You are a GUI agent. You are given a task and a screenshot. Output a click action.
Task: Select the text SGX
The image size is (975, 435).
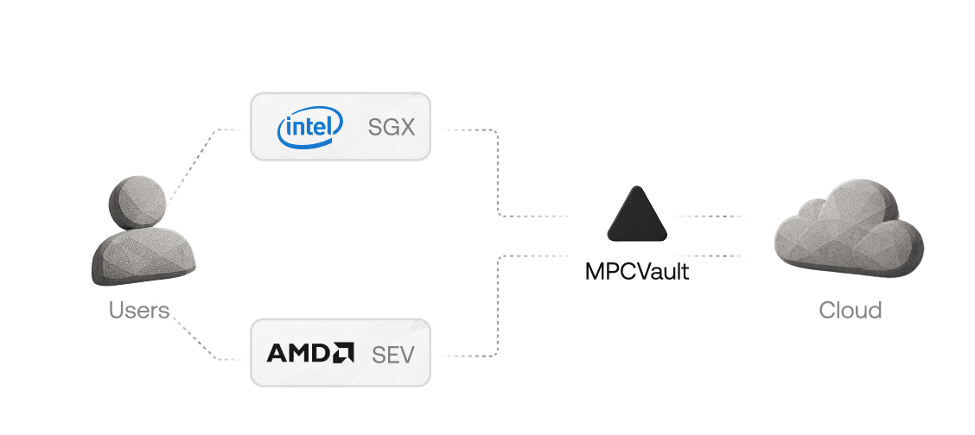click(392, 128)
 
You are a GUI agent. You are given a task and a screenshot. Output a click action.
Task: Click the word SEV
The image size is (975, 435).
click(393, 354)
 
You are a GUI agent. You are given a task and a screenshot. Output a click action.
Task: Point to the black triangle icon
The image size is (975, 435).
click(637, 216)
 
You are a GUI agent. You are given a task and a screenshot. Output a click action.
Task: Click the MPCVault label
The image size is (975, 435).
click(637, 272)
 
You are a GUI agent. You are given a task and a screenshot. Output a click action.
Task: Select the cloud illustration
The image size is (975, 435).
click(847, 229)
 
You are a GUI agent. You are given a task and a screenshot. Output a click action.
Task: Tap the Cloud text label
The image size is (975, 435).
click(851, 311)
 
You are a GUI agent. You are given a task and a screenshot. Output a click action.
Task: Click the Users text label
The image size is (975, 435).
click(138, 311)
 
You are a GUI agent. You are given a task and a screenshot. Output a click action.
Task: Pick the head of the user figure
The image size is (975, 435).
click(137, 200)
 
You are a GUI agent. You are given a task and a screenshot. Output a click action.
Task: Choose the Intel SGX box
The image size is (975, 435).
click(340, 127)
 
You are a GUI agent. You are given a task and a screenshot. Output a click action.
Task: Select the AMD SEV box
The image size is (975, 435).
click(340, 353)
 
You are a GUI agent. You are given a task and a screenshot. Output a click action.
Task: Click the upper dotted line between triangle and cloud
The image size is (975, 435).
click(709, 216)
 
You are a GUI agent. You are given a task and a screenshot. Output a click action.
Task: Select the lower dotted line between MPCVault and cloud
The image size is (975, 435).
click(709, 255)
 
